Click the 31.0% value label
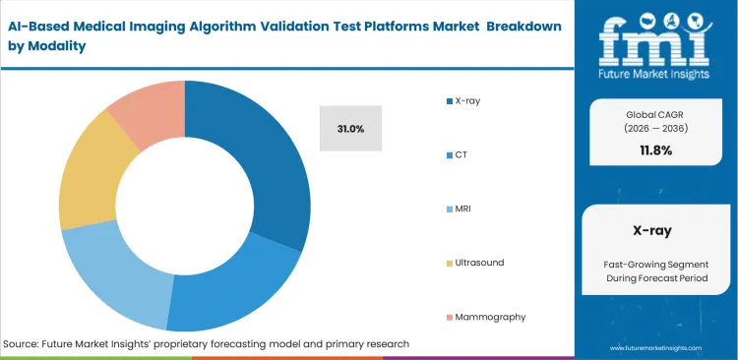click(x=350, y=129)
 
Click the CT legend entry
click(x=461, y=155)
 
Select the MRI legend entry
click(x=463, y=209)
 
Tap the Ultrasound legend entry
click(x=479, y=263)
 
